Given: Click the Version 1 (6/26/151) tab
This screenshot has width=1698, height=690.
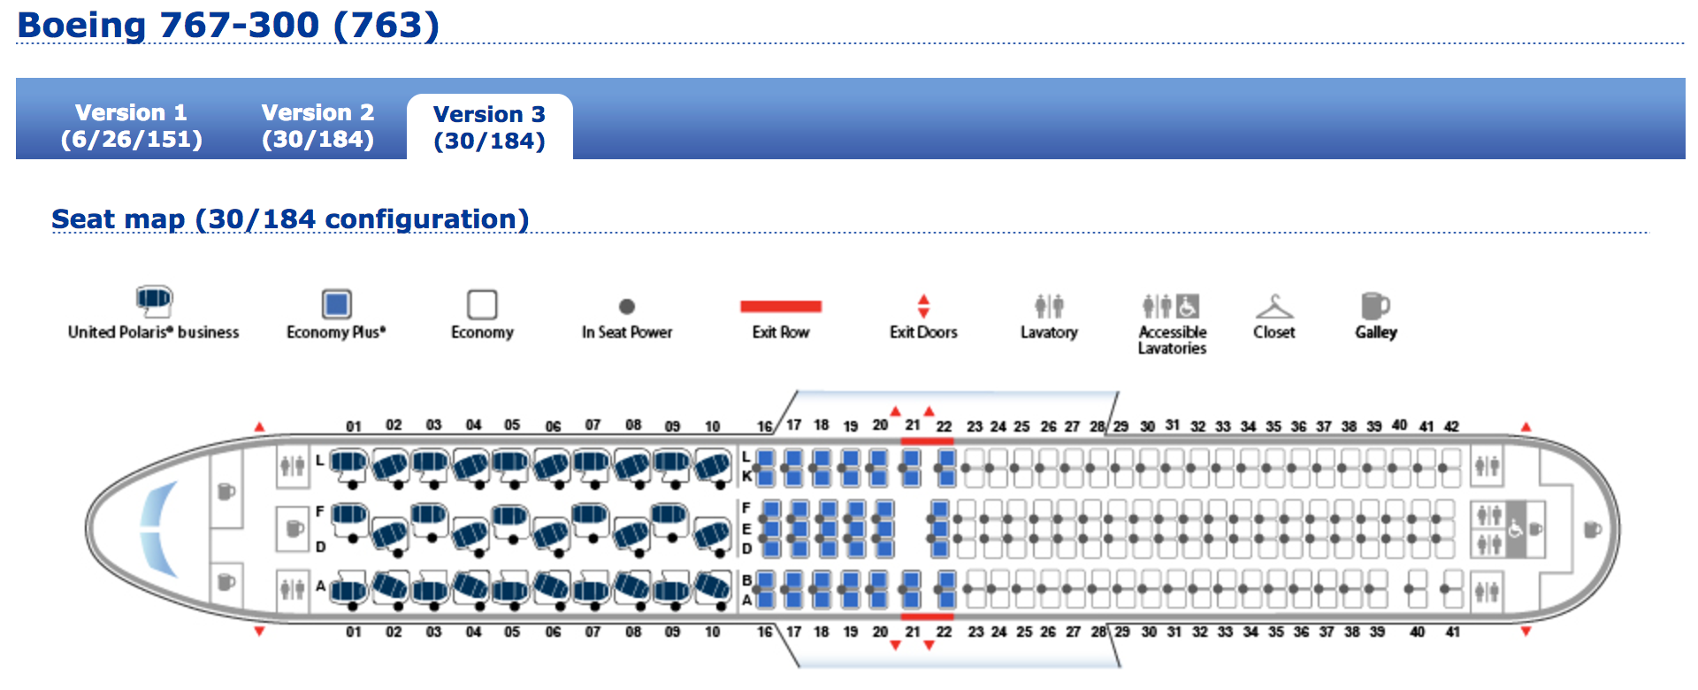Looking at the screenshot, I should tap(131, 125).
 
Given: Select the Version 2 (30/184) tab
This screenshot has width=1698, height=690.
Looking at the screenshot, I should tap(317, 125).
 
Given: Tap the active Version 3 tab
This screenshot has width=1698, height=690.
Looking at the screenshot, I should tap(489, 126).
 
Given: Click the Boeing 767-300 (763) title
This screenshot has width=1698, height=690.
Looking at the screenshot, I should tap(228, 25).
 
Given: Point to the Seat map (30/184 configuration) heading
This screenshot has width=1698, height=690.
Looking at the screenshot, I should tap(290, 218).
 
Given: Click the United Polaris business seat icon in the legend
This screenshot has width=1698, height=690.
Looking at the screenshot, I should tap(154, 301).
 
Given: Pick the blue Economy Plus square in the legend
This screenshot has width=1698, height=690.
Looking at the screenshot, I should tap(336, 304).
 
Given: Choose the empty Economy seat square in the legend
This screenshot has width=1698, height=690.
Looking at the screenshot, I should tap(482, 304).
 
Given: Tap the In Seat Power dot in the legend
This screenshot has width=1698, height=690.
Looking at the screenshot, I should tap(627, 307).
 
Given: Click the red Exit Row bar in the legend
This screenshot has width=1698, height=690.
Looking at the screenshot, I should tap(781, 307).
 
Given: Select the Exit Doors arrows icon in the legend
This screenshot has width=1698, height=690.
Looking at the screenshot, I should tap(923, 306).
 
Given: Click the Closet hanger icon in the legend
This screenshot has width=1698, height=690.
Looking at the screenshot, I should tap(1273, 307).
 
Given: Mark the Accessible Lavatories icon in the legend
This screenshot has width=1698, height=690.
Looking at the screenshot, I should tap(1171, 306).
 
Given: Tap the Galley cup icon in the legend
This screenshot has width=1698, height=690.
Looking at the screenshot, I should tap(1374, 306).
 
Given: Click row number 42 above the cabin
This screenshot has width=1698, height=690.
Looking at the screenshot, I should tap(1451, 426).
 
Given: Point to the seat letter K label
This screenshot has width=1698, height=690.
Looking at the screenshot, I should tap(746, 476).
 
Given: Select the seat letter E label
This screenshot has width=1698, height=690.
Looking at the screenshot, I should tap(746, 529).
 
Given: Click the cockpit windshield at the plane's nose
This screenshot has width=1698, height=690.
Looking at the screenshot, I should tap(159, 528).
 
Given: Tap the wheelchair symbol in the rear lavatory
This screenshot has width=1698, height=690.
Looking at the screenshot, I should tap(1515, 530).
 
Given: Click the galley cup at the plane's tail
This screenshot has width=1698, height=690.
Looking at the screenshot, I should tap(1592, 530).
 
